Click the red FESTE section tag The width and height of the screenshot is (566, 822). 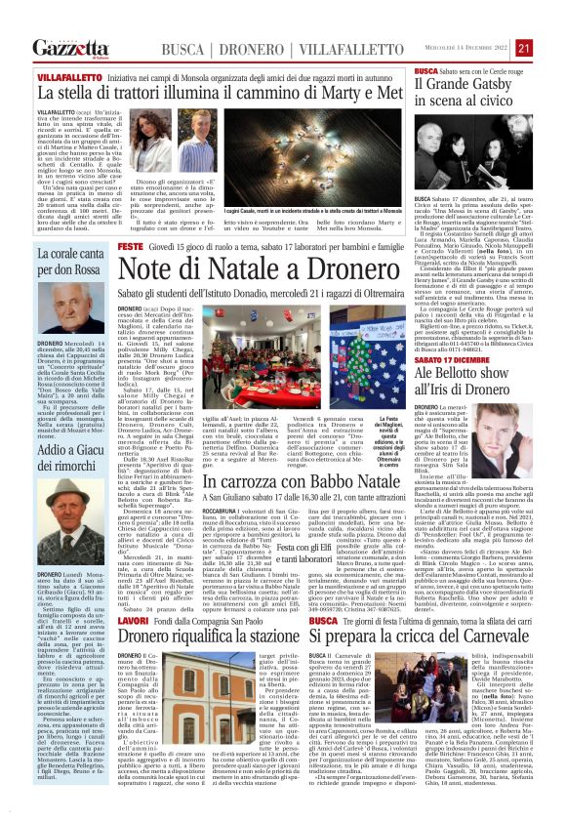tap(131, 249)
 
